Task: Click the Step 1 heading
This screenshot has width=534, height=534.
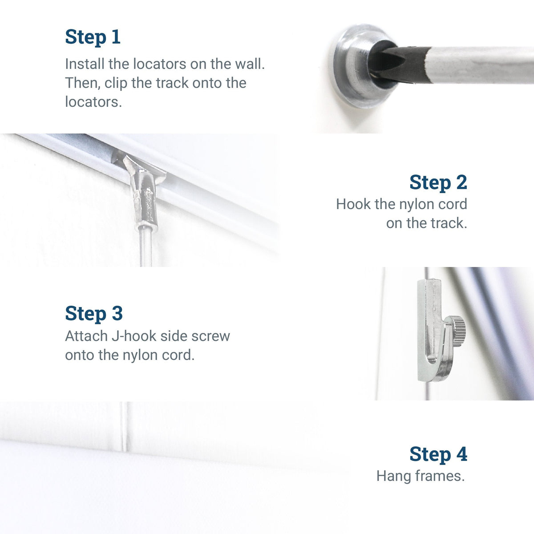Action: point(93,37)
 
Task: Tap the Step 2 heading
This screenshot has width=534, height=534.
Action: point(438,182)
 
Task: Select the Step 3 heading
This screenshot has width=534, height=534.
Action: point(93,313)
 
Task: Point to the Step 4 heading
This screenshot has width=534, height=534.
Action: point(438,454)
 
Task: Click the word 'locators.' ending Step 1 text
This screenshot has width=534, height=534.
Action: point(93,102)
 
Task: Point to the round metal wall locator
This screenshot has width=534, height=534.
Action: point(352,67)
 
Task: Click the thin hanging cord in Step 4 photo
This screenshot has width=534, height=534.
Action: point(124,427)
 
